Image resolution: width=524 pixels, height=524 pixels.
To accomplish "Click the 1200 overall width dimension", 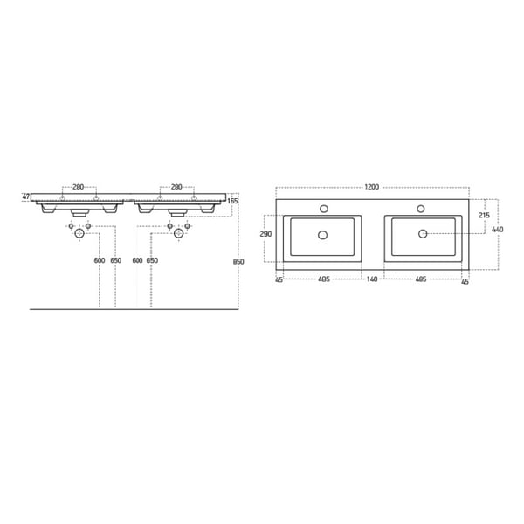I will pyautogui.click(x=372, y=188).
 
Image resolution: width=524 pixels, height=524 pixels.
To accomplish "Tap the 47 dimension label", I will pyautogui.click(x=26, y=197).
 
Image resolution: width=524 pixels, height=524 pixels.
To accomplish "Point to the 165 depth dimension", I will pyautogui.click(x=233, y=202).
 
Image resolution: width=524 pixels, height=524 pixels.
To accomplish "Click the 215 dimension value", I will pyautogui.click(x=483, y=214).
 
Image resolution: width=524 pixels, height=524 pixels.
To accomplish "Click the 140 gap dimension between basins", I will pyautogui.click(x=371, y=280).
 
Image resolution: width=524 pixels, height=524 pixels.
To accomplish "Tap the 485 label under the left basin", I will pyautogui.click(x=323, y=280).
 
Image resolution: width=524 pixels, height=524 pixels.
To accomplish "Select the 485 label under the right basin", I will pyautogui.click(x=420, y=280).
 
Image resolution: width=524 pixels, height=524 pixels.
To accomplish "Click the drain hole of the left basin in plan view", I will pyautogui.click(x=323, y=234).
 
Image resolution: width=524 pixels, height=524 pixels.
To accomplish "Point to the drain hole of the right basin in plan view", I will pyautogui.click(x=422, y=234).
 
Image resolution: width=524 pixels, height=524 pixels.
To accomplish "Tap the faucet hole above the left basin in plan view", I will pyautogui.click(x=323, y=209).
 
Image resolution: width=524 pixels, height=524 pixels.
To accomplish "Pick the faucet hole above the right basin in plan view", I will pyautogui.click(x=421, y=209).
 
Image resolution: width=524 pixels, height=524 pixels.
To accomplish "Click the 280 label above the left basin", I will pyautogui.click(x=78, y=187).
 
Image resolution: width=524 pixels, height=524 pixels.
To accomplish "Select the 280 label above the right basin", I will pyautogui.click(x=176, y=187).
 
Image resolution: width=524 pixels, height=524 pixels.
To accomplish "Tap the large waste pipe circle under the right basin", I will pyautogui.click(x=177, y=234).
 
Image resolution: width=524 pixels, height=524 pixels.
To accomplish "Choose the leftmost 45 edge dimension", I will pyautogui.click(x=279, y=280).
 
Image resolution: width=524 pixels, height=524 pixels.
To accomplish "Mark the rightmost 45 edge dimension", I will pyautogui.click(x=465, y=280).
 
